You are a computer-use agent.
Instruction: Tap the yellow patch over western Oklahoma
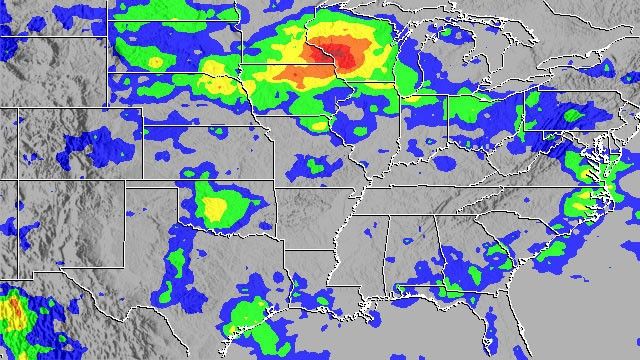point(215,207)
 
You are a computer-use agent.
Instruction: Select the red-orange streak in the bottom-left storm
point(13,313)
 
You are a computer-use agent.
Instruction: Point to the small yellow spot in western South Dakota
point(154,62)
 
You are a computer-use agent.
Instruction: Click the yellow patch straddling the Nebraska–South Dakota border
point(215,70)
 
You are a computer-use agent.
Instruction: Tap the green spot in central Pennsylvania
point(571,115)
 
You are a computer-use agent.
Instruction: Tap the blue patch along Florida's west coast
point(489,325)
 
